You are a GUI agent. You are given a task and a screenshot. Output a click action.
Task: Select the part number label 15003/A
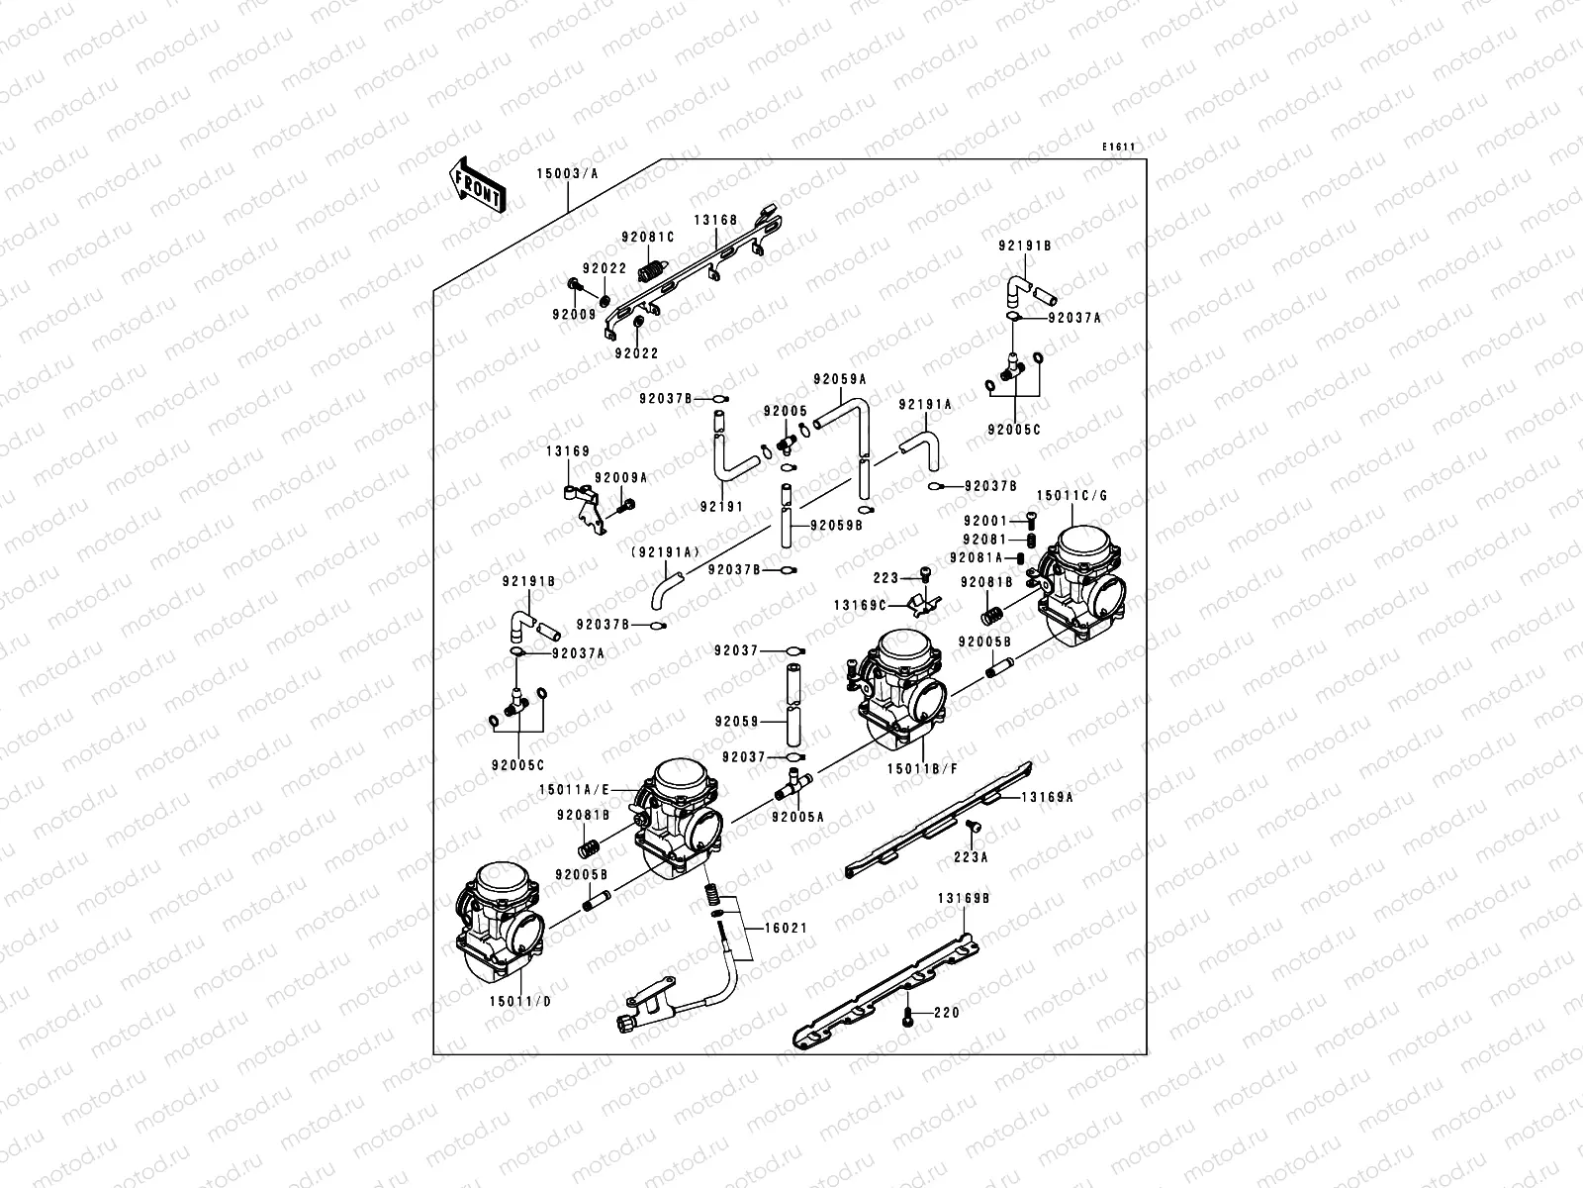568,172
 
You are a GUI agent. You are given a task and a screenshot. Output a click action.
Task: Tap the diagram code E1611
1119,148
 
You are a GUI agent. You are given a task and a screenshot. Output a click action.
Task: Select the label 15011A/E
575,789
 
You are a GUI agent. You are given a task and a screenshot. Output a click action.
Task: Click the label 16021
785,929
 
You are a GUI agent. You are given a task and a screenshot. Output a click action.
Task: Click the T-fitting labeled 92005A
792,786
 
